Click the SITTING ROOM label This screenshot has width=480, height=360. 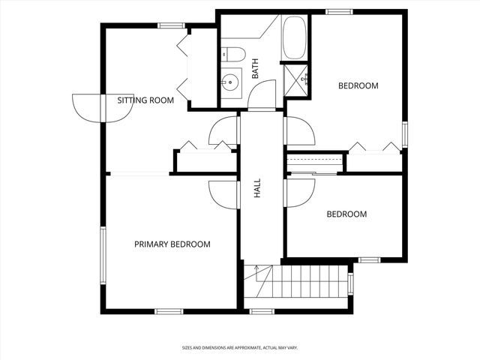point(145,100)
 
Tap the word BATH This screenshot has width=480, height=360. point(255,70)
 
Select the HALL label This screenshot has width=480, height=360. point(257,187)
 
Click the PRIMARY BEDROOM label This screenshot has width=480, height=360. point(172,244)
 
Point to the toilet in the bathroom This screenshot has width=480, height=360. point(234,54)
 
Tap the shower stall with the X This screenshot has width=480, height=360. point(296,77)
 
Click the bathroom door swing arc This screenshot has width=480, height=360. point(262,95)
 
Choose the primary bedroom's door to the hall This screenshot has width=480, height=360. point(223,193)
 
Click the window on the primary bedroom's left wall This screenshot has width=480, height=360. point(103,254)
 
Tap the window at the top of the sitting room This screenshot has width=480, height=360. point(172,25)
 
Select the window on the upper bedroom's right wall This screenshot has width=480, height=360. point(404,134)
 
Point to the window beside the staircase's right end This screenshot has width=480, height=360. point(350,284)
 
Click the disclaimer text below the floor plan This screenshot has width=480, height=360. point(240,348)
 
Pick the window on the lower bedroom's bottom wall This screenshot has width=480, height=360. point(369,260)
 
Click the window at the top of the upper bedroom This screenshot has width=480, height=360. point(339,11)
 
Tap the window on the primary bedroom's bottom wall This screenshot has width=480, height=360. point(169,310)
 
